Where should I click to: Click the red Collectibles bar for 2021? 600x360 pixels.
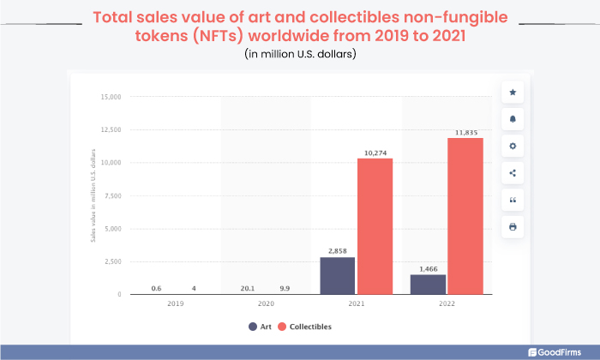coord(375,226)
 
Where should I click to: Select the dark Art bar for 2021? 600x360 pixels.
coord(339,276)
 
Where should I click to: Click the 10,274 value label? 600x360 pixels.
coord(375,153)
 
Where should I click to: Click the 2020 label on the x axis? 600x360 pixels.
coord(266,304)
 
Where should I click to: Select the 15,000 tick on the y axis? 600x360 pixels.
coord(111,97)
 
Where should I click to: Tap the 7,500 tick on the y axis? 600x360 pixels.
coord(112,195)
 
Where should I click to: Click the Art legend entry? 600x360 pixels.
coord(260,327)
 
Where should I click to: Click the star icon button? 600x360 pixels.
coord(513,92)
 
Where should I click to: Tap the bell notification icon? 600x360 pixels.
coord(513,119)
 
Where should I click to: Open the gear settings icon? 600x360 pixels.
coord(513,146)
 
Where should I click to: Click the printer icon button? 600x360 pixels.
coord(513,226)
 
